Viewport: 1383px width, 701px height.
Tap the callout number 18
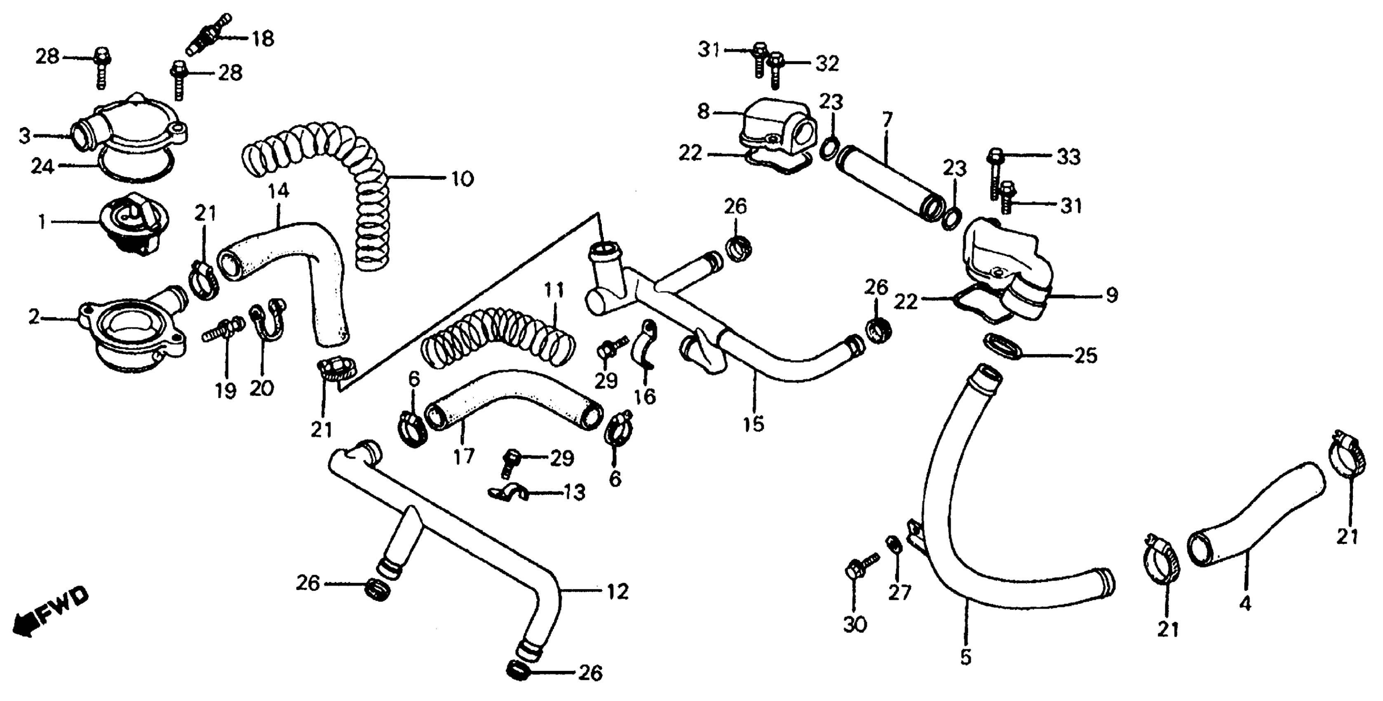coord(263,39)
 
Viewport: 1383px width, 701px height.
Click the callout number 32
coord(827,64)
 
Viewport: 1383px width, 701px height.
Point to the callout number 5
coord(966,657)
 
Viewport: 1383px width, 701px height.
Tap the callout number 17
coord(464,456)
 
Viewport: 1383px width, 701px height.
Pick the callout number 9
coord(1111,295)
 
